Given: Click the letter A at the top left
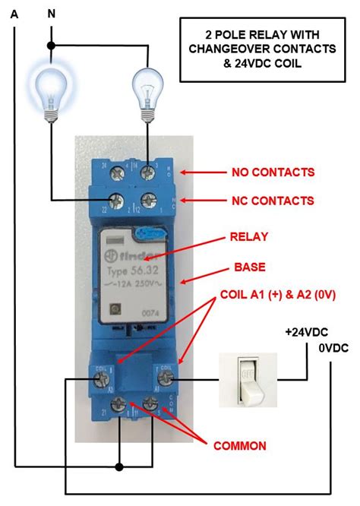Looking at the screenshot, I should (x=14, y=12).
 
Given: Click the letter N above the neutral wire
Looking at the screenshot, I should (x=51, y=12).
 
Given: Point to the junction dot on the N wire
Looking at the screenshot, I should (x=51, y=46).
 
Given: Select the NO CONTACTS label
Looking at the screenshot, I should (x=273, y=172).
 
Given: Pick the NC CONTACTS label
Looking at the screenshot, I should (x=273, y=201).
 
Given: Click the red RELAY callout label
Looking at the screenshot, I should (x=249, y=237).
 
